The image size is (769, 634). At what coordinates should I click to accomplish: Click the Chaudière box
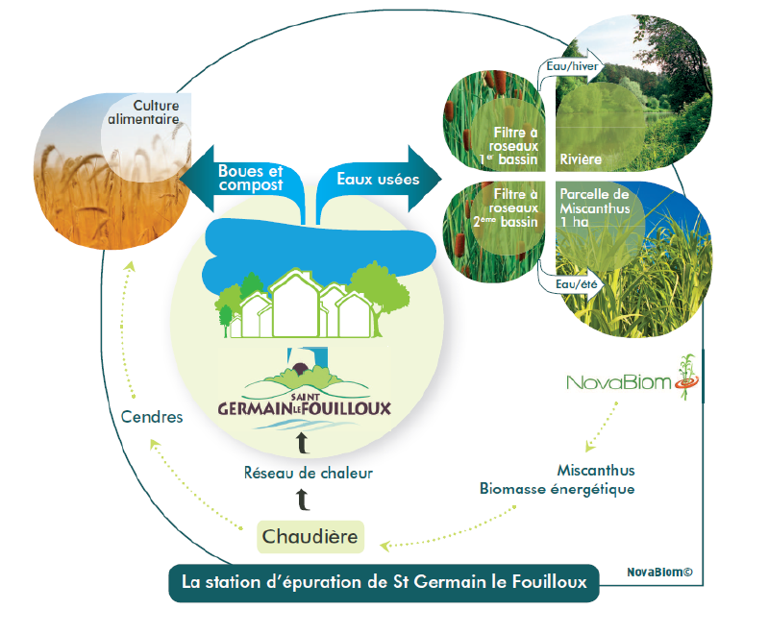[310, 536]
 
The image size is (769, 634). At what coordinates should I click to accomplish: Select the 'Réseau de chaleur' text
[308, 473]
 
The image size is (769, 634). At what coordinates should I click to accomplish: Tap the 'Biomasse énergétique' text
[557, 489]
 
